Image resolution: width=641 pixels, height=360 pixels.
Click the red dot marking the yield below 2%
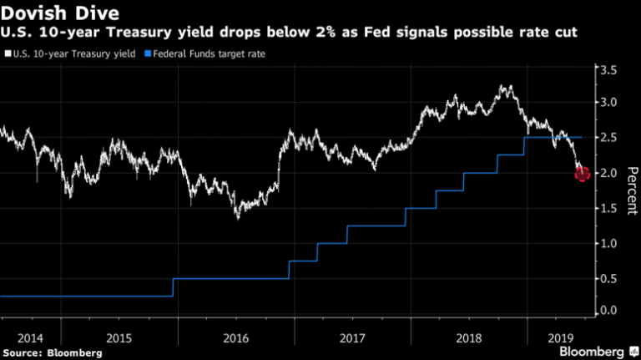tap(582, 174)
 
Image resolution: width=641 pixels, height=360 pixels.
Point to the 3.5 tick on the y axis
tap(610, 71)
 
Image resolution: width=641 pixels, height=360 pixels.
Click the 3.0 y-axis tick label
tap(610, 103)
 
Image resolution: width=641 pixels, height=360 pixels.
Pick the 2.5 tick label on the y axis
tap(610, 137)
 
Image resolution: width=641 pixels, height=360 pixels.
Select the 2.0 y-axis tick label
tap(610, 173)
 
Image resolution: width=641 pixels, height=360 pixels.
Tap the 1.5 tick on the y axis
tap(610, 208)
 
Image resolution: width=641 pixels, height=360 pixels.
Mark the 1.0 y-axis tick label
tap(610, 243)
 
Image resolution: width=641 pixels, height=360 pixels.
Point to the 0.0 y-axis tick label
tap(610, 311)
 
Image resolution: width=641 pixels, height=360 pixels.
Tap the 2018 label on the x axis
tap(468, 339)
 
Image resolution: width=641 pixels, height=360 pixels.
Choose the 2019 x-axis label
tap(560, 339)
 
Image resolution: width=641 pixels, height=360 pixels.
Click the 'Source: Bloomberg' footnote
tap(52, 353)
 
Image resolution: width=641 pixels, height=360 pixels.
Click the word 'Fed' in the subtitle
tap(371, 33)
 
